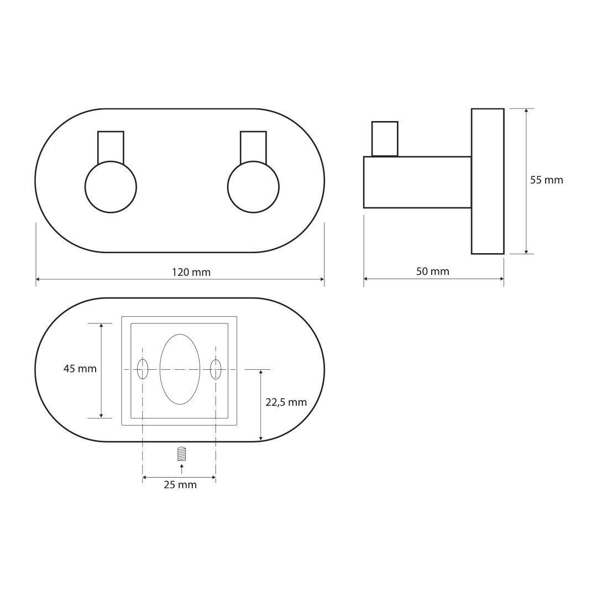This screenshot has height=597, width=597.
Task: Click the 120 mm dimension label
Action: click(x=191, y=272)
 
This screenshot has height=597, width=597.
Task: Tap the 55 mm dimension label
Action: click(x=546, y=180)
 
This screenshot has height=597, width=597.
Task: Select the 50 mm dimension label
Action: click(x=432, y=271)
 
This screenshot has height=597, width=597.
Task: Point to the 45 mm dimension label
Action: click(x=80, y=369)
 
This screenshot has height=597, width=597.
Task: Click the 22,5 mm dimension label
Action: click(x=286, y=402)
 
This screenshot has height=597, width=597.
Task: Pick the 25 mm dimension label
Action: click(x=180, y=485)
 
